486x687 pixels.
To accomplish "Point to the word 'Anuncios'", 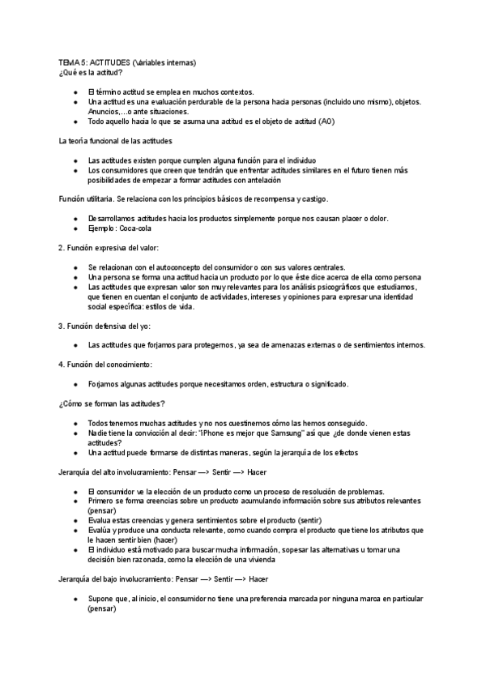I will point(104,112).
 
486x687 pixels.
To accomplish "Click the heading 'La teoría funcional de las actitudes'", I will point(117,141).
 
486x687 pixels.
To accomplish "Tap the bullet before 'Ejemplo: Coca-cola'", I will point(75,228).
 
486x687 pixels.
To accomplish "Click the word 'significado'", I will point(326,384).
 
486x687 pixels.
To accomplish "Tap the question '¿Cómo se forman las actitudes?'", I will point(112,403).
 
